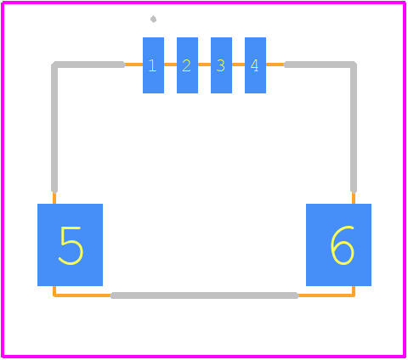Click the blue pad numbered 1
point(153,65)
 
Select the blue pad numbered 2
point(187,65)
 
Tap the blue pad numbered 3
point(221,65)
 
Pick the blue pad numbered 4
point(255,65)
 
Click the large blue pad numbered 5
point(70,245)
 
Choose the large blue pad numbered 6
point(338,245)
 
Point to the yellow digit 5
point(71,245)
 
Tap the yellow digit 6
point(343,245)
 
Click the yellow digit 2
point(186,65)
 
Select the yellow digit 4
point(254,65)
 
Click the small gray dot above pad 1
point(153,20)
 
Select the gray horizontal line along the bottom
point(204,295)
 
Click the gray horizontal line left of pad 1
point(88,65)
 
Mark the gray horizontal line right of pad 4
point(320,65)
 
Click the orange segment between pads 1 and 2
point(170,65)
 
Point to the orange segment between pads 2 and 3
point(204,65)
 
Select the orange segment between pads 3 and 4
point(238,65)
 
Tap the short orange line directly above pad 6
point(354,198)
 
